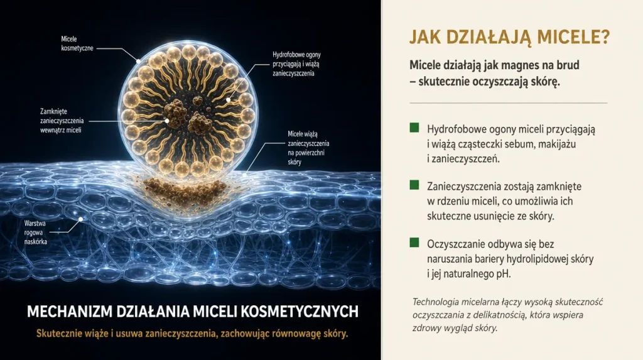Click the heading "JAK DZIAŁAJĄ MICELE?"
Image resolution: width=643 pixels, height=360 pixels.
click(509, 37)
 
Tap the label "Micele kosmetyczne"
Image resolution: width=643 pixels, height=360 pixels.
click(77, 43)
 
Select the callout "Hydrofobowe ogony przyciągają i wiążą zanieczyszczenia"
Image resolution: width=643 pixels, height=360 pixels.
click(296, 63)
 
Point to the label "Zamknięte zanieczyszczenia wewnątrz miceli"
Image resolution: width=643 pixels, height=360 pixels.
click(62, 121)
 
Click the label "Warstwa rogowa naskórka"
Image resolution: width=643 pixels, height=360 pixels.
click(35, 232)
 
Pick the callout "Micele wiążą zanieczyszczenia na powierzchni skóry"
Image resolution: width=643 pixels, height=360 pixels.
click(308, 148)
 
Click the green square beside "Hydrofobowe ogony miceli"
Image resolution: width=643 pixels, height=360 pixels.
click(414, 128)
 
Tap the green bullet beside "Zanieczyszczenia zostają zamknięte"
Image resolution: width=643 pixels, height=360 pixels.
click(414, 185)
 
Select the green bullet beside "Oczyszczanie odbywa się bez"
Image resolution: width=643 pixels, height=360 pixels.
click(414, 243)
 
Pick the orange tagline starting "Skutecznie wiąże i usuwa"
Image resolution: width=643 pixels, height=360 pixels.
click(192, 334)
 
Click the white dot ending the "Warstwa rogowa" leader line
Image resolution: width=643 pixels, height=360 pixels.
click(81, 219)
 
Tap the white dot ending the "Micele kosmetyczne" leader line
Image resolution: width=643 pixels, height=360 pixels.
click(138, 61)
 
